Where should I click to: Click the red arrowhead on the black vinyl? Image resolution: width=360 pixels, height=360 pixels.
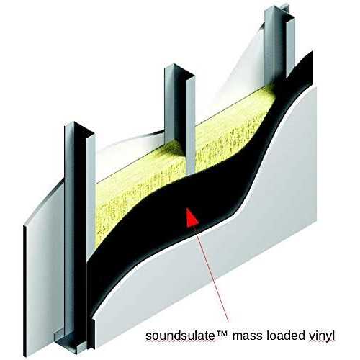[192, 218]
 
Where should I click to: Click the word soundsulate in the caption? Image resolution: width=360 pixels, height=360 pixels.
[180, 336]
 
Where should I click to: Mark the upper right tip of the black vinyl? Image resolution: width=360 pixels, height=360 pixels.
[312, 51]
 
